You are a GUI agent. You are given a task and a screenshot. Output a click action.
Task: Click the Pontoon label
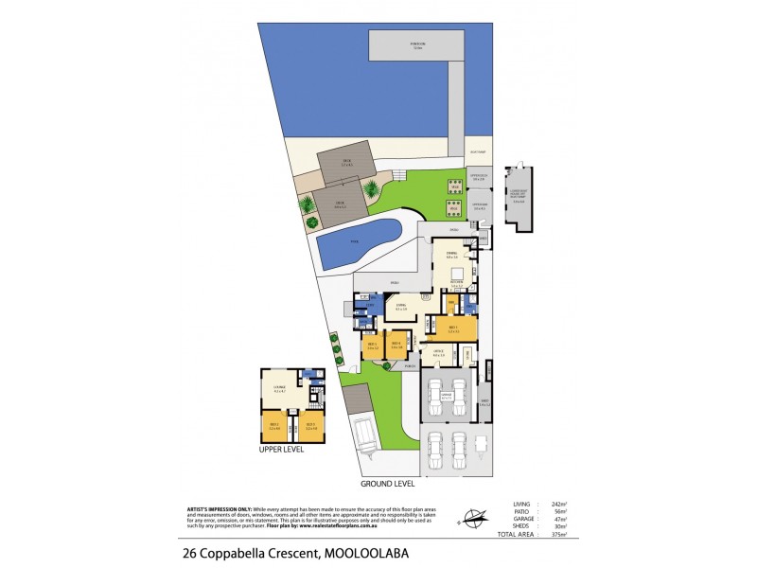coord(416,44)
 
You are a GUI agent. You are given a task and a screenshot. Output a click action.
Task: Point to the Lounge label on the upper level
coord(280,388)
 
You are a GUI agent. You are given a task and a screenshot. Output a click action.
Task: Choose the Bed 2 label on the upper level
coord(275,426)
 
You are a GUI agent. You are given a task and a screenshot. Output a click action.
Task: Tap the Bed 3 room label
coord(373,346)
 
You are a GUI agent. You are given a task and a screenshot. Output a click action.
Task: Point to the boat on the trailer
coord(363,436)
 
